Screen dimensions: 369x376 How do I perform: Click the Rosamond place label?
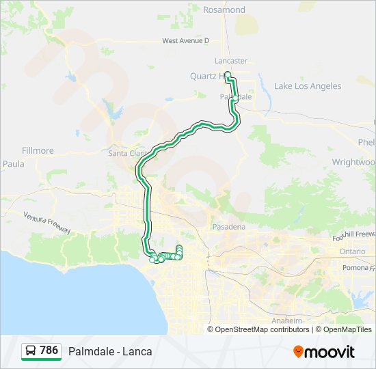tap(224, 10)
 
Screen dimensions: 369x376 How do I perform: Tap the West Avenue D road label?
tap(185, 41)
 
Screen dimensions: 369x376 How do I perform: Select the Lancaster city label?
tap(230, 61)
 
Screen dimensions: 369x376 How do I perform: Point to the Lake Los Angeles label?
tap(307, 86)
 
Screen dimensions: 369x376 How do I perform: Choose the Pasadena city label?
tap(228, 226)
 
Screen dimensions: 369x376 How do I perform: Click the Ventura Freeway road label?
tap(47, 222)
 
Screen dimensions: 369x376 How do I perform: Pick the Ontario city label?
tap(351, 251)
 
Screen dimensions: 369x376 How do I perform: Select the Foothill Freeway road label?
tap(353, 236)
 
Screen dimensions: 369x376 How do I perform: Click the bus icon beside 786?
tap(31, 351)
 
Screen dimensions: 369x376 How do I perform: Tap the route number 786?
tap(49, 351)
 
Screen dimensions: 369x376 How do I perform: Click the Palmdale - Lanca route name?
tap(110, 352)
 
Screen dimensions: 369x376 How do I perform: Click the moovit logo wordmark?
tap(330, 352)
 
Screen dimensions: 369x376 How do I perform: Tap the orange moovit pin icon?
tap(299, 352)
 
